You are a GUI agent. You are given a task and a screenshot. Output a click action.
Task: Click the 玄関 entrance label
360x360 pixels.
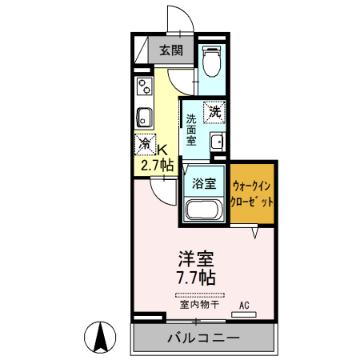pos(170,50)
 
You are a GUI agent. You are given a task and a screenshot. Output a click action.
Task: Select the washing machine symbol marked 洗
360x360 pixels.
pos(214,112)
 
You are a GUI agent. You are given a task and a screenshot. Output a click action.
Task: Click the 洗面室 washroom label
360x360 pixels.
pos(192,129)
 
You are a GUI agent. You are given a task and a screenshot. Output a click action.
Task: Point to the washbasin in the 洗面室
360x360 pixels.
pos(216,142)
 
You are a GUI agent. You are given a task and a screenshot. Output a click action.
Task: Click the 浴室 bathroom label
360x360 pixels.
pos(204,183)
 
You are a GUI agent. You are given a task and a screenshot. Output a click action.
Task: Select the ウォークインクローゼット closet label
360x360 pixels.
pos(253,194)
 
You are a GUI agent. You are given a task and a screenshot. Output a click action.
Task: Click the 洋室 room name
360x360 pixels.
pos(196,260)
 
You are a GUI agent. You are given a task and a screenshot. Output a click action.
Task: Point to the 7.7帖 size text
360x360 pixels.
pos(196,278)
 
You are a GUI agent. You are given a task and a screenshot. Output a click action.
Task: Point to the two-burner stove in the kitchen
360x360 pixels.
pos(144,84)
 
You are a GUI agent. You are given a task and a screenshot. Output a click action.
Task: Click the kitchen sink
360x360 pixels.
pos(145,117)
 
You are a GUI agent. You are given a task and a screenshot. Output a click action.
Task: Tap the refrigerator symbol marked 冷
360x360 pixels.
pos(145,145)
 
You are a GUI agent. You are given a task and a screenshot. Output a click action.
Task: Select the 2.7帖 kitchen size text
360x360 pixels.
pos(157,166)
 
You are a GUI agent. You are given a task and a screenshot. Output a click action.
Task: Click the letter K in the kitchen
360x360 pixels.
pos(161,149)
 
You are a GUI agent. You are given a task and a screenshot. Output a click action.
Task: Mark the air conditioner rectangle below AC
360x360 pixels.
pos(244,314)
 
